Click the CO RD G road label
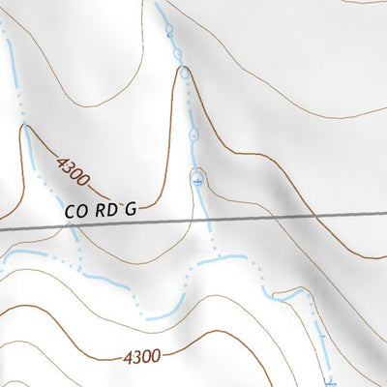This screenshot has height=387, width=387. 102,207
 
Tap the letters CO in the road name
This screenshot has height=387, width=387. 75,207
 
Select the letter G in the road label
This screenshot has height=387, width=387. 132,207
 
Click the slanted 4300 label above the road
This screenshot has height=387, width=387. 73,172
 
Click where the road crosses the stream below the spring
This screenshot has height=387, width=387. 207,221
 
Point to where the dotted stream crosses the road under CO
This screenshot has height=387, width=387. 71,225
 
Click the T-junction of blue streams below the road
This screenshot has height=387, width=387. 218,257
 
